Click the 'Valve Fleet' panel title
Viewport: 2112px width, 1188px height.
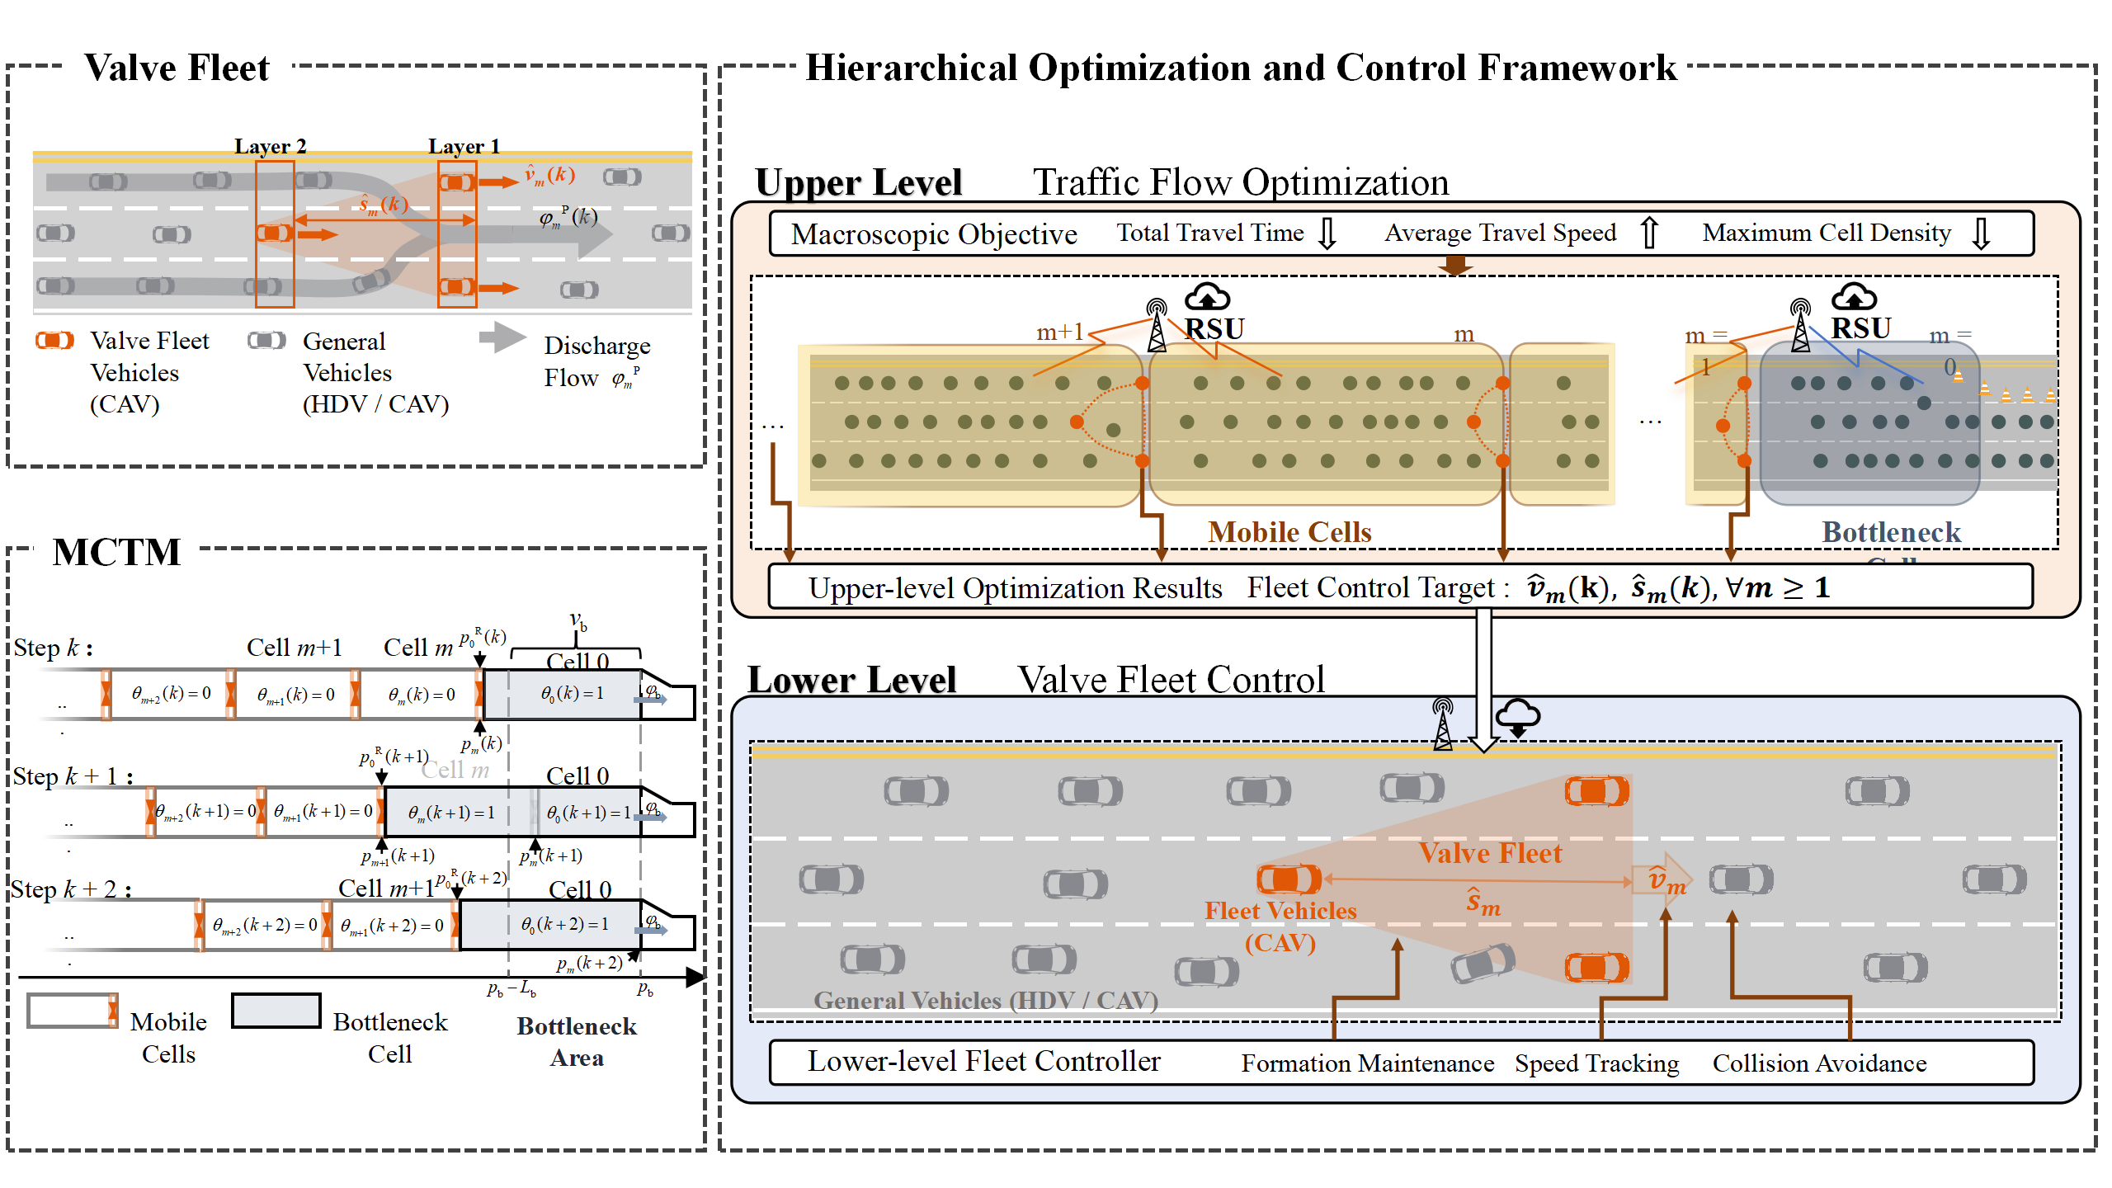(x=177, y=68)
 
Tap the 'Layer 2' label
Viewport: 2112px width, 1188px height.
(x=270, y=147)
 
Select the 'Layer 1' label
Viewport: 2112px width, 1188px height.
(x=464, y=147)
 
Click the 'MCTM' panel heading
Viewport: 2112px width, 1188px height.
(x=116, y=552)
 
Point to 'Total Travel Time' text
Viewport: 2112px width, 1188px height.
(x=1209, y=233)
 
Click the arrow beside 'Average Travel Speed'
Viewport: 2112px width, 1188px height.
(x=1648, y=233)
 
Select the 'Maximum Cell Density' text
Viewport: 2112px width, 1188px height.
(x=1827, y=233)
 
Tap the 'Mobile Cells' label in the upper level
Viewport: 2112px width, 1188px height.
(x=1289, y=532)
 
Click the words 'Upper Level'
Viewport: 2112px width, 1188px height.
(x=859, y=182)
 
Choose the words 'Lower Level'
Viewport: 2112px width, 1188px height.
(x=851, y=680)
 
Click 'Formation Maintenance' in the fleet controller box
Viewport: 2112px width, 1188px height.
(x=1367, y=1063)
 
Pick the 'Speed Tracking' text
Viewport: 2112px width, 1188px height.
(x=1596, y=1063)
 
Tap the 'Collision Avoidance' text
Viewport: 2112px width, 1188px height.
(x=1819, y=1063)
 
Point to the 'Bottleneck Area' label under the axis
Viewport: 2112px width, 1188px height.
(x=577, y=1041)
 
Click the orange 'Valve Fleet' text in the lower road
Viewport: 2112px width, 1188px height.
(x=1490, y=853)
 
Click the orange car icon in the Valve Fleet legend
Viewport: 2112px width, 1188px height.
(x=54, y=340)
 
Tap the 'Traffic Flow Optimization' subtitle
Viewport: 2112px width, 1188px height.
(x=1241, y=182)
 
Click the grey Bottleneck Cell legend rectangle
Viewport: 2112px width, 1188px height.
(x=276, y=1011)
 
